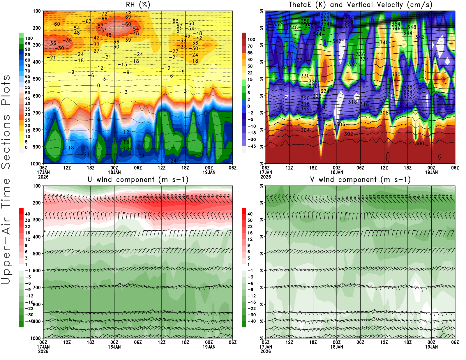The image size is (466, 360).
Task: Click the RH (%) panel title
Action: click(138, 5)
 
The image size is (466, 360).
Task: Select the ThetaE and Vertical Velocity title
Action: click(360, 5)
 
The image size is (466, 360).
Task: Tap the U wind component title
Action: click(138, 180)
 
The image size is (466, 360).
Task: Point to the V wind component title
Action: click(360, 180)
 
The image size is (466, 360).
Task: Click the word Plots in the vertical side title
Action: click(6, 90)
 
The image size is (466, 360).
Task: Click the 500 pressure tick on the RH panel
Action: click(37, 79)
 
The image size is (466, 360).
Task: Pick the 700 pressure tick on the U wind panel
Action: click(37, 287)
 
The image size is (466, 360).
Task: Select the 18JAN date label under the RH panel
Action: click(114, 172)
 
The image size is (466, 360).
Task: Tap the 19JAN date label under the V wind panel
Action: click(431, 347)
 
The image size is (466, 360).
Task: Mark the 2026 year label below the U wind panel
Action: click(43, 351)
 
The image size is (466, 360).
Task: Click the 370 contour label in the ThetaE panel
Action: click(325, 15)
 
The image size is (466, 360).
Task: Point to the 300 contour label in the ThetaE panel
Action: click(419, 144)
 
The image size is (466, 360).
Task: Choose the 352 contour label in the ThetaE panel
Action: click(278, 24)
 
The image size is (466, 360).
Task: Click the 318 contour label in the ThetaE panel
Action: click(352, 102)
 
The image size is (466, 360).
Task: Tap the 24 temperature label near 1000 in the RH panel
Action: click(173, 161)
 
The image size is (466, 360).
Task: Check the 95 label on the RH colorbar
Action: click(28, 44)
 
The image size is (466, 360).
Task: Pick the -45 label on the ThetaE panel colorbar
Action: click(251, 146)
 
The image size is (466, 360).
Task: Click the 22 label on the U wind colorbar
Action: click(28, 227)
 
